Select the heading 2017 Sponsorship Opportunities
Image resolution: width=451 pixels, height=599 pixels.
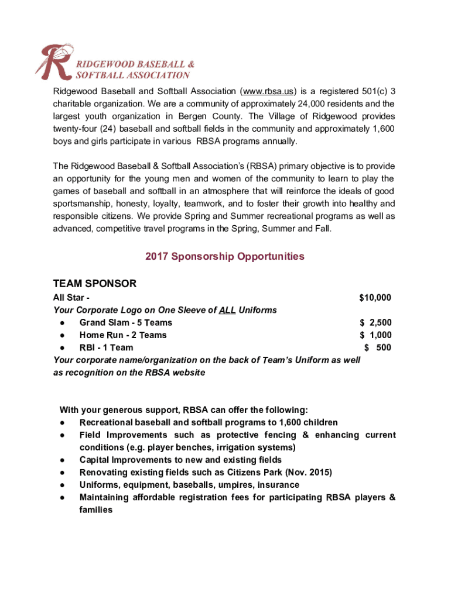(x=225, y=256)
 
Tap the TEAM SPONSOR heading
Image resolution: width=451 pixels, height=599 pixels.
(x=95, y=284)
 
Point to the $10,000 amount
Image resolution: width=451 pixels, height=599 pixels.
(x=375, y=298)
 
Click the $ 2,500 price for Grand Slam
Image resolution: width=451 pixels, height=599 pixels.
(x=375, y=322)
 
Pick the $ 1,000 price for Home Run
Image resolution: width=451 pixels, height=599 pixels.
(x=375, y=335)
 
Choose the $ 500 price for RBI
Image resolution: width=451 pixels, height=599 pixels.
(x=378, y=347)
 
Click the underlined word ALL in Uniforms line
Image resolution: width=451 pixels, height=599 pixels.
(x=227, y=310)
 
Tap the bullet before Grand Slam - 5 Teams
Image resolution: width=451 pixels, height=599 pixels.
(x=62, y=323)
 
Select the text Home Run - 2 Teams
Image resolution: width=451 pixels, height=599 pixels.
(x=123, y=335)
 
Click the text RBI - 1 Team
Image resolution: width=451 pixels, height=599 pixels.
(x=106, y=347)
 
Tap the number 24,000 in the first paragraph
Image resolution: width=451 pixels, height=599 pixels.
(x=309, y=104)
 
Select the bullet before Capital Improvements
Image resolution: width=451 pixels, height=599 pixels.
(x=62, y=460)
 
